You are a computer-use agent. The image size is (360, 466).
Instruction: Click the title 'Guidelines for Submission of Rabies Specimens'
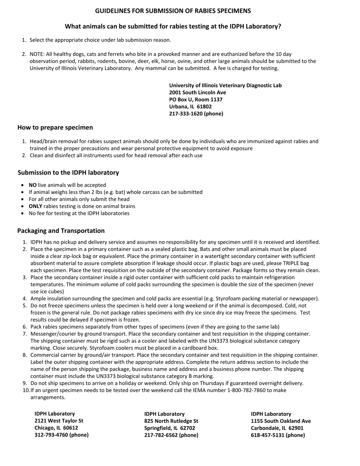[x=173, y=11]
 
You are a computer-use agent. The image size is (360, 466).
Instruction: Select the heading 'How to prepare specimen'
[x=55, y=127]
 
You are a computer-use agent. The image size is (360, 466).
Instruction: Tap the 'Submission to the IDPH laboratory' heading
[x=68, y=173]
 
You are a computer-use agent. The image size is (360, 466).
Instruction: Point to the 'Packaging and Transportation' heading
[x=61, y=231]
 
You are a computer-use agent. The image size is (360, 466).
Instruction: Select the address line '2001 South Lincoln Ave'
[x=197, y=92]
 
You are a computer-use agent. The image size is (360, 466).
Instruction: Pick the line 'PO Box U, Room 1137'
[x=196, y=100]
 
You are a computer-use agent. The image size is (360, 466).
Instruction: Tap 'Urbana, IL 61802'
[x=190, y=106]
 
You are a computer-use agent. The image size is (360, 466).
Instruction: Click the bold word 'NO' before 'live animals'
[x=33, y=185]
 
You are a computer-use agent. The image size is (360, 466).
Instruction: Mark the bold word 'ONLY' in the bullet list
[x=35, y=206]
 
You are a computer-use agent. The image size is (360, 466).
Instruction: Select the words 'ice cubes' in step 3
[x=52, y=292]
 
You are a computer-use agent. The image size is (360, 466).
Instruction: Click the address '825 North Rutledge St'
[x=171, y=421]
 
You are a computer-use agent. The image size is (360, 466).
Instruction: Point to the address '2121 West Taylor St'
[x=59, y=421]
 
